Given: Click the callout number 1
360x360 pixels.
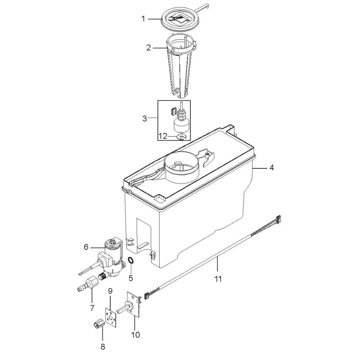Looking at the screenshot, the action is [143, 19].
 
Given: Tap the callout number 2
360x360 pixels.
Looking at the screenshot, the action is [148, 48].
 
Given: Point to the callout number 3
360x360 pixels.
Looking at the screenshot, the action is [145, 119].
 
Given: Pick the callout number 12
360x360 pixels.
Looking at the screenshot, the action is [163, 136].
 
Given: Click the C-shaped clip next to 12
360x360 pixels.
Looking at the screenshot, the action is [181, 137].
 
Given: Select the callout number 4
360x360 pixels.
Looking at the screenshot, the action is [271, 168].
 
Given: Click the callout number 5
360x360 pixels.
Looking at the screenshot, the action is [131, 278].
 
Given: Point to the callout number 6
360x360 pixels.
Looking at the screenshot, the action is [86, 247].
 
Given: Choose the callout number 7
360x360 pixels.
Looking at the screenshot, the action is [92, 308].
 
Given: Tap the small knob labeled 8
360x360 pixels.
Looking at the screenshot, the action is [99, 324].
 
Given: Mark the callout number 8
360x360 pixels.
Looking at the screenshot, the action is [103, 346].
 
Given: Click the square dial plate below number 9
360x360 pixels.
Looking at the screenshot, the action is [111, 318].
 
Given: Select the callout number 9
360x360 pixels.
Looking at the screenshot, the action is [110, 291].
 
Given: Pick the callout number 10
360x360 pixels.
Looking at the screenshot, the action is [136, 334].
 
